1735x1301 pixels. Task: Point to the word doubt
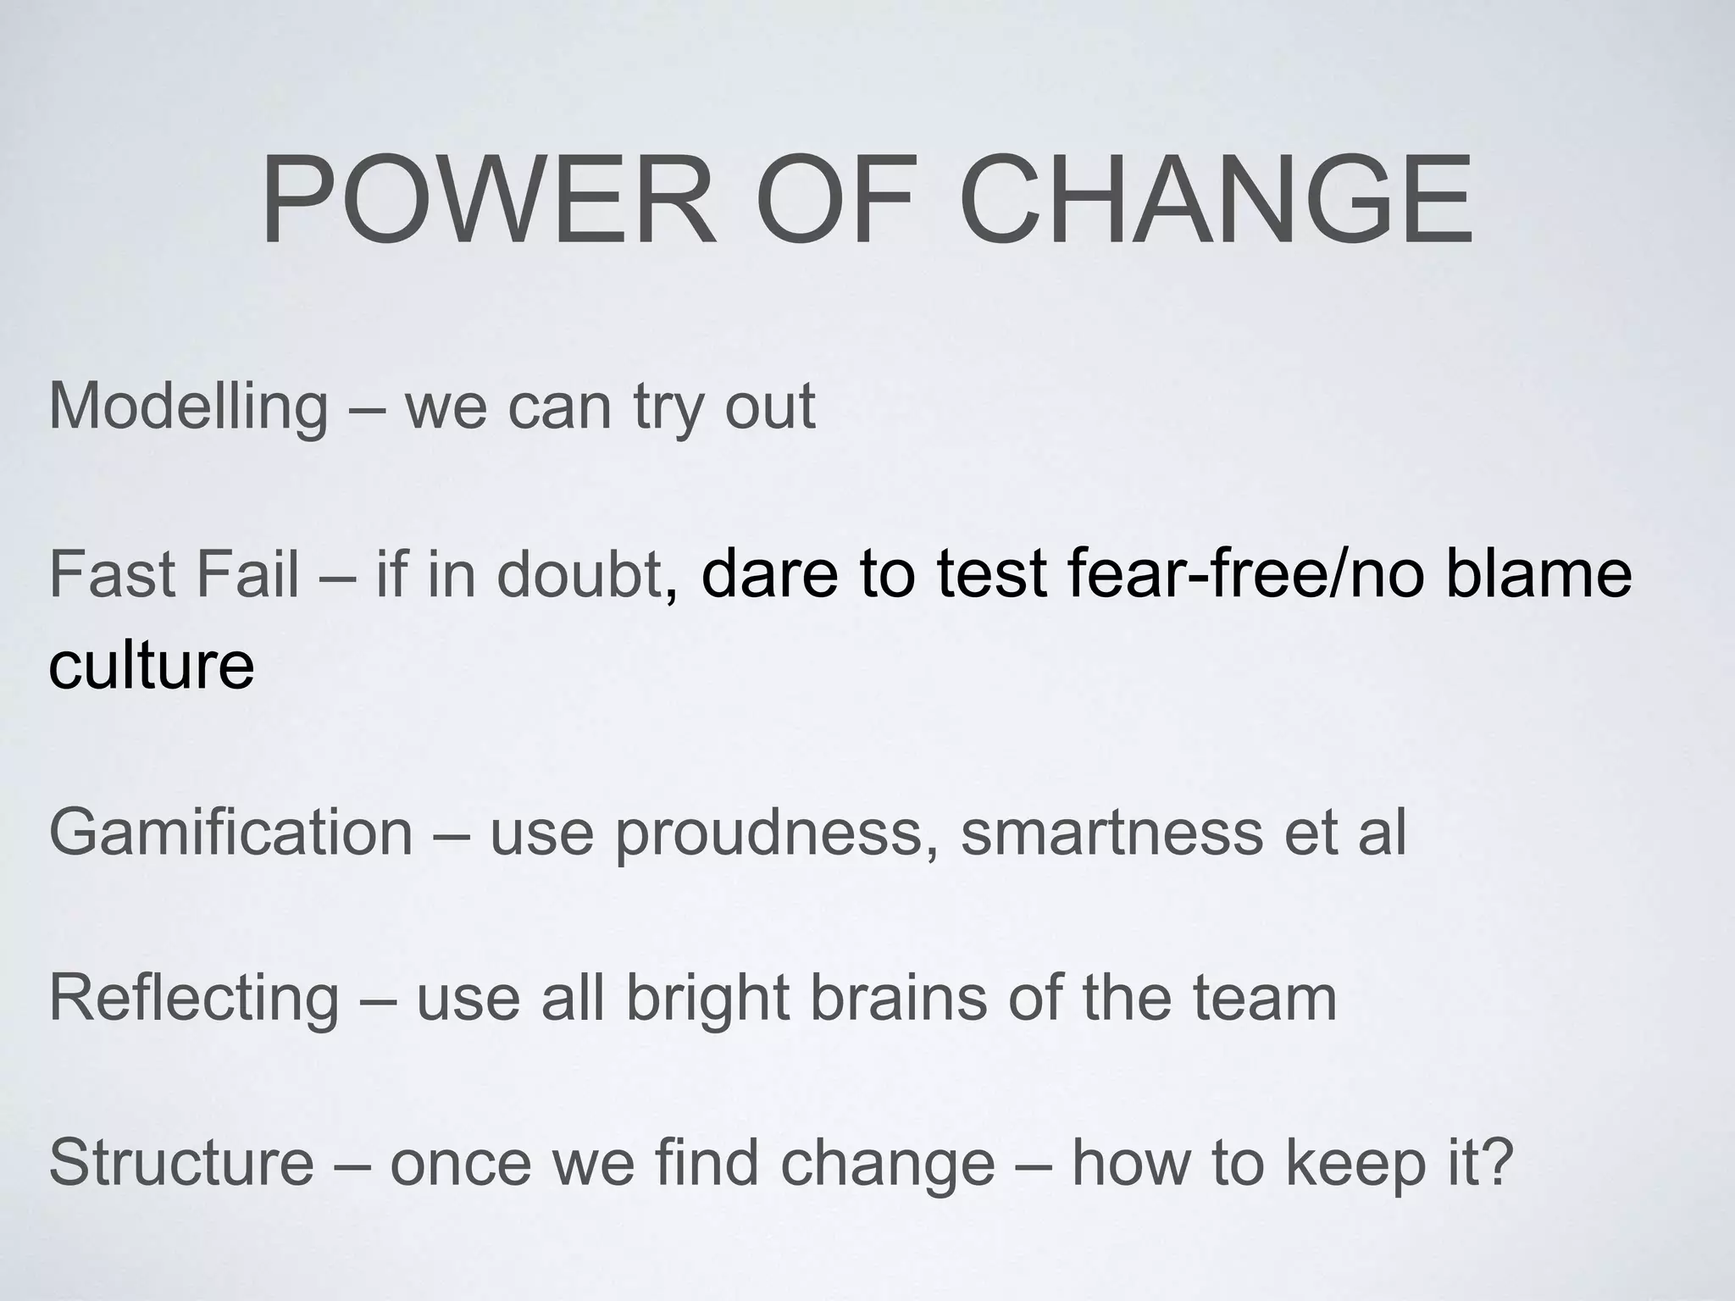click(x=578, y=573)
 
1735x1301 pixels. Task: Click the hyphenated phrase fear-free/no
click(x=1245, y=573)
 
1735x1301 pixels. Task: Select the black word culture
click(x=152, y=666)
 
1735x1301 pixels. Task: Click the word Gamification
click(x=231, y=833)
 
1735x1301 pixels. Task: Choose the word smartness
click(x=1112, y=833)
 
